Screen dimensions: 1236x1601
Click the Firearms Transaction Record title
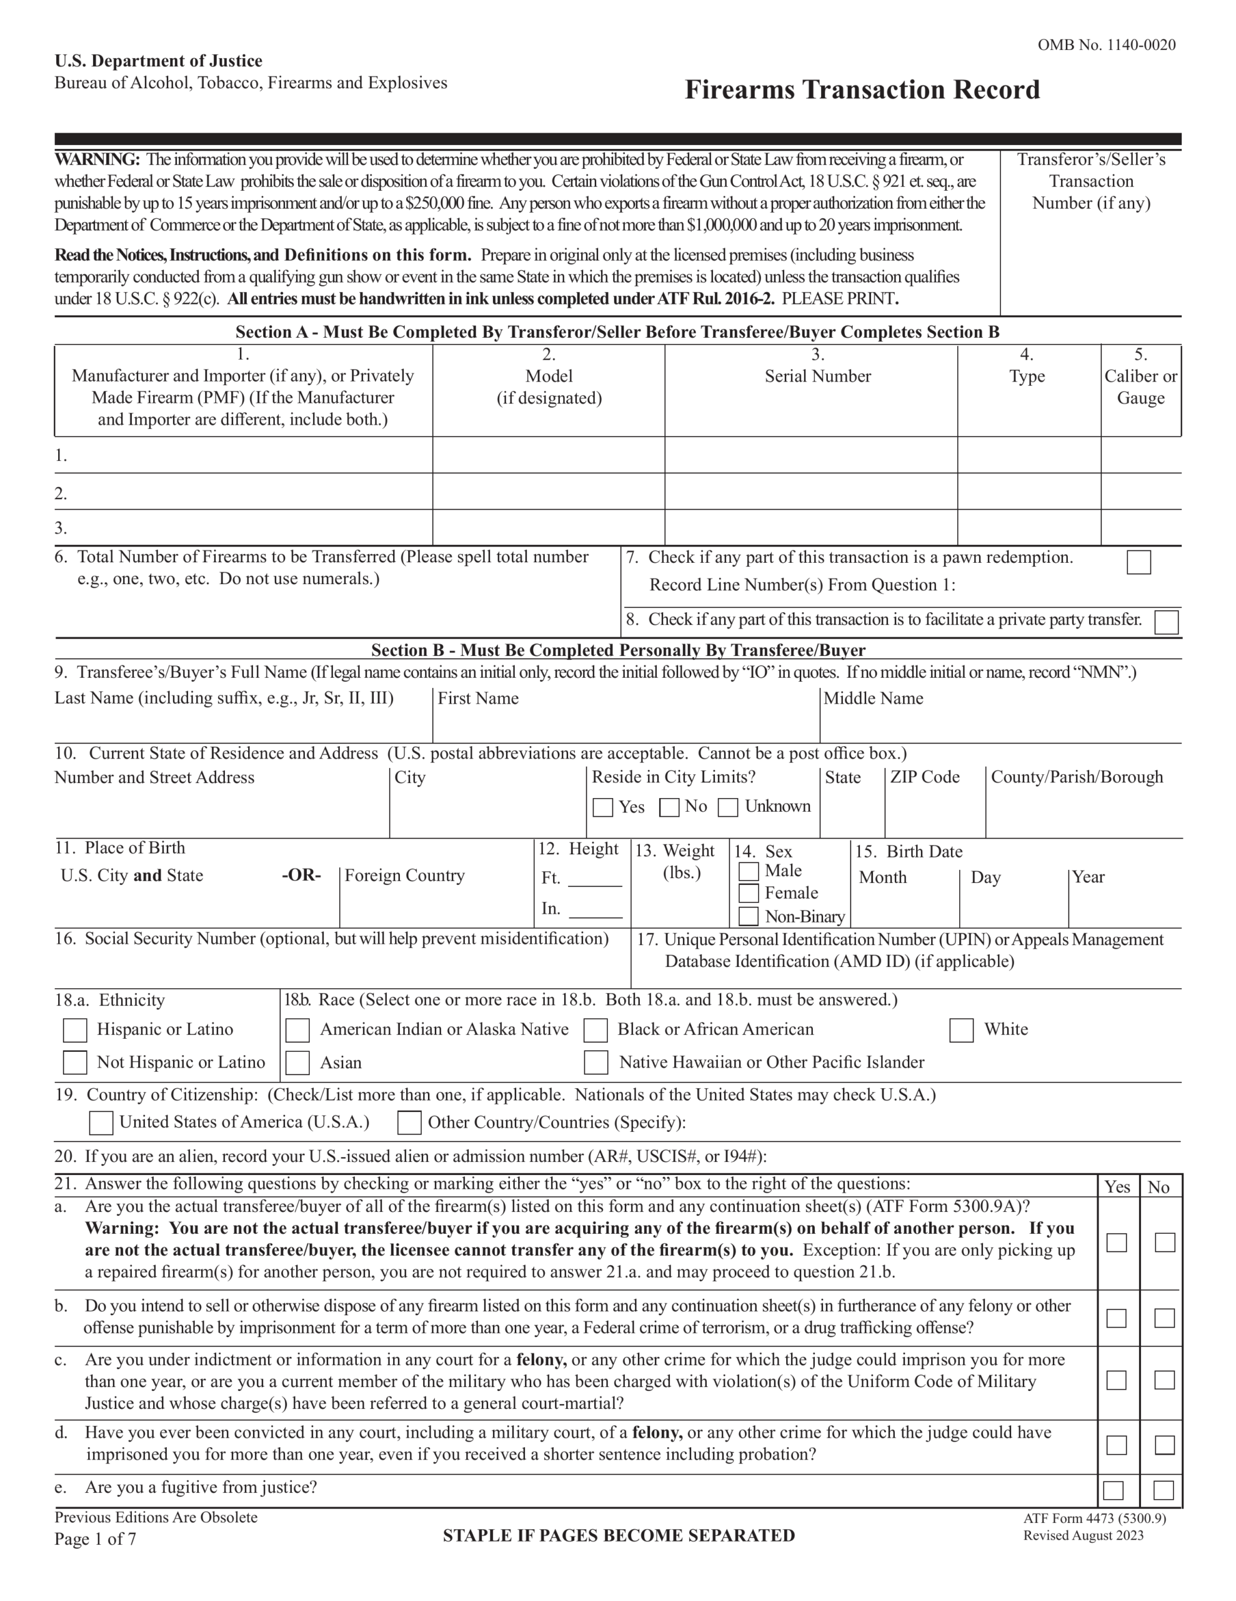pyautogui.click(x=862, y=89)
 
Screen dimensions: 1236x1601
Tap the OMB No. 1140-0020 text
pyautogui.click(x=1105, y=46)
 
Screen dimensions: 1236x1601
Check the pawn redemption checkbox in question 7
pyautogui.click(x=1138, y=562)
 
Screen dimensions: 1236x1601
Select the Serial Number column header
pyautogui.click(x=818, y=376)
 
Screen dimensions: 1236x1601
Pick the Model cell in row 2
pyautogui.click(x=548, y=492)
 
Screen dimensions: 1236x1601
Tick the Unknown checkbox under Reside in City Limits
pyautogui.click(x=727, y=807)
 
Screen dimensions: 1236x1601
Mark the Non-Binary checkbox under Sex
pyautogui.click(x=748, y=916)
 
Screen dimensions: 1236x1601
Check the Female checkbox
pyautogui.click(x=748, y=893)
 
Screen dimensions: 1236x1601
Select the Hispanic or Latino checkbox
pyautogui.click(x=75, y=1030)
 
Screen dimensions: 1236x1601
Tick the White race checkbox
pyautogui.click(x=960, y=1030)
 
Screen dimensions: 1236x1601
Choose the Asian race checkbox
pyautogui.click(x=297, y=1063)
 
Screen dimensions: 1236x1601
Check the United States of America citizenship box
pyautogui.click(x=101, y=1123)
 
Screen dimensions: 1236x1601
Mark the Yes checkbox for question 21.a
pyautogui.click(x=1116, y=1243)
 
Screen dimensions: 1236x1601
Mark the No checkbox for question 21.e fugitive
pyautogui.click(x=1163, y=1490)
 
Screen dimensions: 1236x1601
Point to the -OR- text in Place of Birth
pyautogui.click(x=301, y=876)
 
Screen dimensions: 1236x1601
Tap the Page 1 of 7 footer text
pyautogui.click(x=95, y=1538)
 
